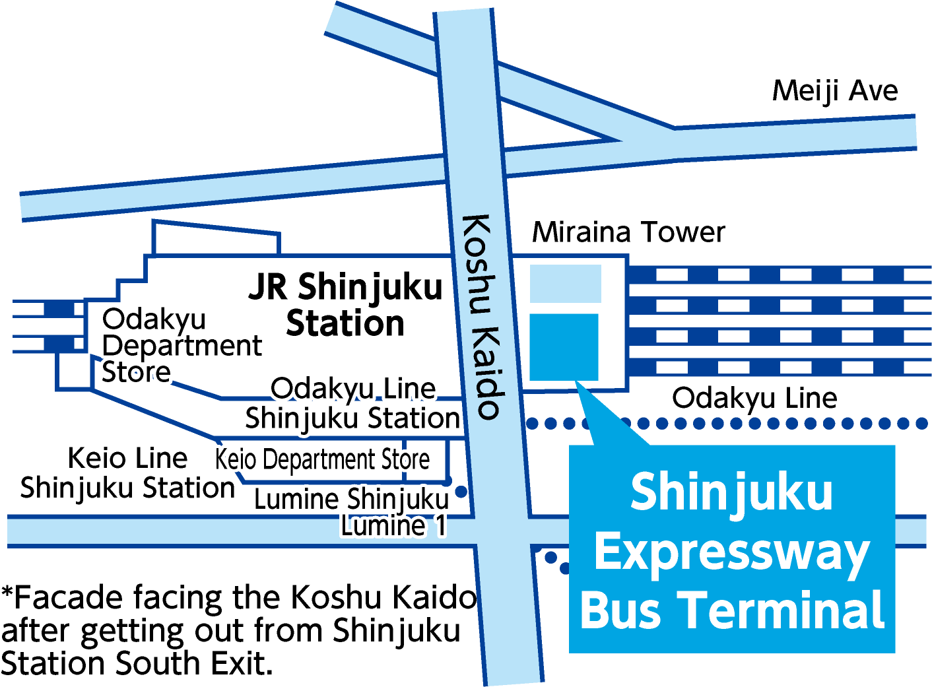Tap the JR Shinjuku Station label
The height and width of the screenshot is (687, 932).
(x=345, y=305)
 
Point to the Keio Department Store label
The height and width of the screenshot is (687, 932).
(x=322, y=459)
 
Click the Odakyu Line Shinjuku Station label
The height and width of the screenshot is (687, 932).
(x=353, y=403)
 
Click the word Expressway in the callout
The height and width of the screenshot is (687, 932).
(x=731, y=554)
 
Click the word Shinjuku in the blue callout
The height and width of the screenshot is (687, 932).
(x=731, y=492)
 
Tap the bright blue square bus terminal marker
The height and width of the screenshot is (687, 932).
(x=564, y=347)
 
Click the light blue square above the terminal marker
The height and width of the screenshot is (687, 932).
(x=566, y=284)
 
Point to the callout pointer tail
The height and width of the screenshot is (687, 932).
(x=604, y=416)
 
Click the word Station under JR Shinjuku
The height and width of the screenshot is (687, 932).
(x=345, y=323)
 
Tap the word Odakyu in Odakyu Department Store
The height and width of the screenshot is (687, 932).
(x=154, y=319)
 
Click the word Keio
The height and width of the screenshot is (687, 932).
(x=235, y=459)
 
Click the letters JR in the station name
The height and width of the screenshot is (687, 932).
(x=268, y=287)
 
